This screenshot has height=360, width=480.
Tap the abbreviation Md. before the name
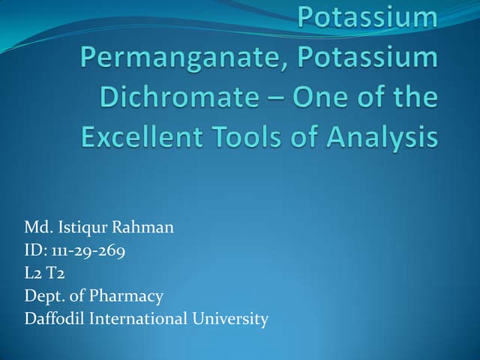[38, 226]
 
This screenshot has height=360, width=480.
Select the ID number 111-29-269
[88, 250]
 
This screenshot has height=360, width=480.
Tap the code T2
[55, 273]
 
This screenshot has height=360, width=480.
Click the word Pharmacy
[126, 296]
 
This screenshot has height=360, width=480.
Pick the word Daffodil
[55, 319]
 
